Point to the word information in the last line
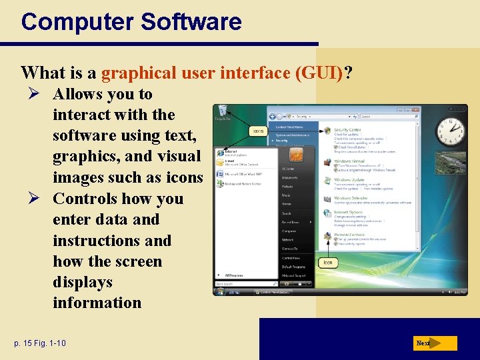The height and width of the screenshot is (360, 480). click(97, 303)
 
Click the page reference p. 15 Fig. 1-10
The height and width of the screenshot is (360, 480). click(40, 343)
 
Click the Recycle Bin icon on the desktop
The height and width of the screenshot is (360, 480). click(223, 113)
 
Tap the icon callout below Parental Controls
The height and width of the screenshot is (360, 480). click(328, 263)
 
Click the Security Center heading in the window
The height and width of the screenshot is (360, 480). click(347, 130)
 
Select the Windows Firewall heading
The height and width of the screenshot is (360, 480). click(349, 161)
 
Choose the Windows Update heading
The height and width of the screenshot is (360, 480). click(349, 180)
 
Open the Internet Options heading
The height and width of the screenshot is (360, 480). click(348, 213)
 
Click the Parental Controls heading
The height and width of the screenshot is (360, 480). click(349, 235)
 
